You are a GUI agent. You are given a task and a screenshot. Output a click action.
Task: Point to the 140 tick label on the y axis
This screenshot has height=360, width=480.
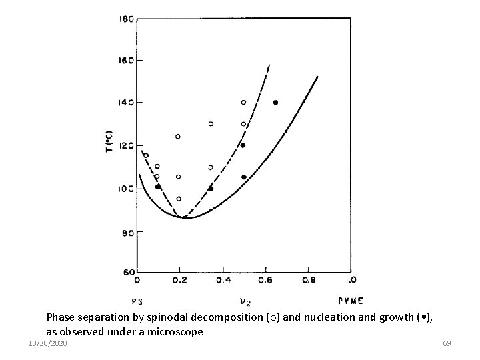(125, 102)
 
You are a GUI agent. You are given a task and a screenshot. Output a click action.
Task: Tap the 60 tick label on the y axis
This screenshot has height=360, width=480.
(127, 272)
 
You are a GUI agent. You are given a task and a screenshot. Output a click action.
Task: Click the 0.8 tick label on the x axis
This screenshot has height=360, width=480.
(309, 281)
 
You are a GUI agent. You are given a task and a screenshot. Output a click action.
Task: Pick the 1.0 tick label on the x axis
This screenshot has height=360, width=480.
(351, 281)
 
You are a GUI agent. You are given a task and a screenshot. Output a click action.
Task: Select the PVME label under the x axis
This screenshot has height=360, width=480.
(351, 300)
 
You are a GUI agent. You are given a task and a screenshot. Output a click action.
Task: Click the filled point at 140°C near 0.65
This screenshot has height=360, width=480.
(275, 103)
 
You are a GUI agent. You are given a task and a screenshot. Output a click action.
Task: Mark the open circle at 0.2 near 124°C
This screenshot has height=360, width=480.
(178, 136)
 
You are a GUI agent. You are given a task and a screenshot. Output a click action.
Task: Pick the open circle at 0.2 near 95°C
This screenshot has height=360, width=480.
(179, 198)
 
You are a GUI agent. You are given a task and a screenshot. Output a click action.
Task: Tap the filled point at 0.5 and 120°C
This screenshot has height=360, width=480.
(243, 145)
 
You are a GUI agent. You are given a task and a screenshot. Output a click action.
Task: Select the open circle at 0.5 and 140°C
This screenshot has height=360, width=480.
(243, 102)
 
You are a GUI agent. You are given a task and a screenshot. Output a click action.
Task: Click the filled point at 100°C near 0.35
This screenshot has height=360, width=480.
(211, 188)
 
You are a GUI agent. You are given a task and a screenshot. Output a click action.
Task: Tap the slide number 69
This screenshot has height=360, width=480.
(447, 343)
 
